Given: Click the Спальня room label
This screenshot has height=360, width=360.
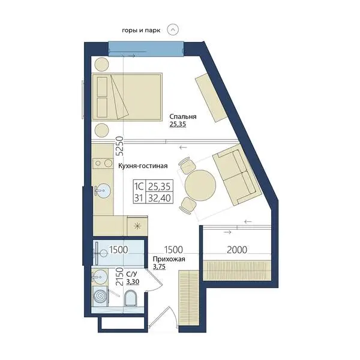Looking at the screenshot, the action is coord(183,116).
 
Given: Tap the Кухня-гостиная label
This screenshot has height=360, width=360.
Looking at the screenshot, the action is coord(143,166).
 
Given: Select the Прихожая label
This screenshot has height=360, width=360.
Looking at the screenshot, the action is coord(169,259).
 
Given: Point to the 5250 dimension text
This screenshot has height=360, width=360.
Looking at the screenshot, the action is coord(119,146).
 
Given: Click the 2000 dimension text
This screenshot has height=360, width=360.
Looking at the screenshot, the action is coord(237,250).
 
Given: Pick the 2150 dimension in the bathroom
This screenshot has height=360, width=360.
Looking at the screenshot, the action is coord(119,276).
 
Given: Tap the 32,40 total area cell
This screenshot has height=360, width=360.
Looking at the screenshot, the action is coord(160,198).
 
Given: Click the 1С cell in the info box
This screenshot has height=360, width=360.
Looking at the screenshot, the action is coord(139,186).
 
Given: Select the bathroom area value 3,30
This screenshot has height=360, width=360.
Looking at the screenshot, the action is coord(133,281).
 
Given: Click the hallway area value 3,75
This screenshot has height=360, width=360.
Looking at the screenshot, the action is coord(159,266).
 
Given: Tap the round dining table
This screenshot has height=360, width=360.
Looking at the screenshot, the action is coord(200,185).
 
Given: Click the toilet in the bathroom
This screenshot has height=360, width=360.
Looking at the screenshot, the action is coord(130,298).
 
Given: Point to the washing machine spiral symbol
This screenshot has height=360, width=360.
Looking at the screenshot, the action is coord(101,296).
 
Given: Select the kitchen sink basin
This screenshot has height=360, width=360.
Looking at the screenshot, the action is coord(103,191).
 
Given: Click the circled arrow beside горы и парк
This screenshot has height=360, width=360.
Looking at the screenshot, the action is coord(173,29).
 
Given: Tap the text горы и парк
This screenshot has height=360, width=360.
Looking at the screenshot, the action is coord(141,31).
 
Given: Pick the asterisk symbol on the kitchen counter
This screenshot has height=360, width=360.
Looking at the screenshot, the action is coord(137,226).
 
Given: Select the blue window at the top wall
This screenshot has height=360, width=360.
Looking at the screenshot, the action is coord(146,49).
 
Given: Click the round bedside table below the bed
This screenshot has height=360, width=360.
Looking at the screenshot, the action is coord(102,130).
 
